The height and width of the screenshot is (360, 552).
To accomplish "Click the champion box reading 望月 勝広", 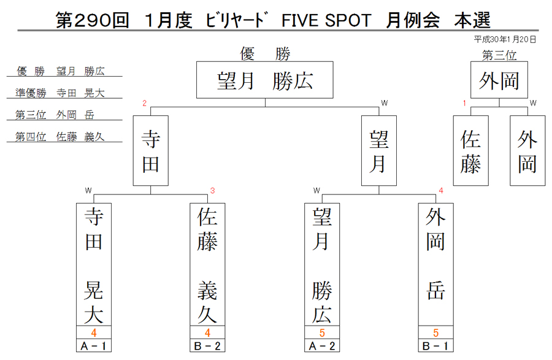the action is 265,80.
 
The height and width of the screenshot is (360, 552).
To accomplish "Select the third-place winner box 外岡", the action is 499,80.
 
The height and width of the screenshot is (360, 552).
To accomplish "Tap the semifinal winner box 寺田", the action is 151,151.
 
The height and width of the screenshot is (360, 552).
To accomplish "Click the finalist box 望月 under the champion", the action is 379,151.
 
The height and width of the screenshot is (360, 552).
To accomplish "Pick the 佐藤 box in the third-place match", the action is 470,151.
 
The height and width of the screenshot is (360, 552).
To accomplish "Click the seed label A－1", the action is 94,346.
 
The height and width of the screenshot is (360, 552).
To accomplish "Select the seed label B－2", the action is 207,346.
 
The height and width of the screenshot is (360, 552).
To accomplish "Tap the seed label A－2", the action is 322,346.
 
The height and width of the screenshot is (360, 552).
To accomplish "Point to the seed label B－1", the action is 436,346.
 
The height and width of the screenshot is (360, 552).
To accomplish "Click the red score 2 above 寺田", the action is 144,103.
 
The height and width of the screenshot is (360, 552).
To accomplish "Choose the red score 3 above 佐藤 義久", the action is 212,191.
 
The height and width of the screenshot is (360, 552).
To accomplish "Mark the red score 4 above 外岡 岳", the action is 441,191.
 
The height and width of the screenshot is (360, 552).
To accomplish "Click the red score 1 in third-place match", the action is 464,103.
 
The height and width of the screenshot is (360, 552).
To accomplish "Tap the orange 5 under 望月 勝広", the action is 322,332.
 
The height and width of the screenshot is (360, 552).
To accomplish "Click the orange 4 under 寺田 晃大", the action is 94,332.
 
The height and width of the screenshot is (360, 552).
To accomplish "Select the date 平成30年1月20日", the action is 505,39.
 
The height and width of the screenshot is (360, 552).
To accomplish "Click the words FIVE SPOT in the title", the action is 326,20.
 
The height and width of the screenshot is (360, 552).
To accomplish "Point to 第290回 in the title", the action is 92,20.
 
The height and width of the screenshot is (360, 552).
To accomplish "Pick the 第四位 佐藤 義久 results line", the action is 60,137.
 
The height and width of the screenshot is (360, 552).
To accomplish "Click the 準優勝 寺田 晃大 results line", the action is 60,93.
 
